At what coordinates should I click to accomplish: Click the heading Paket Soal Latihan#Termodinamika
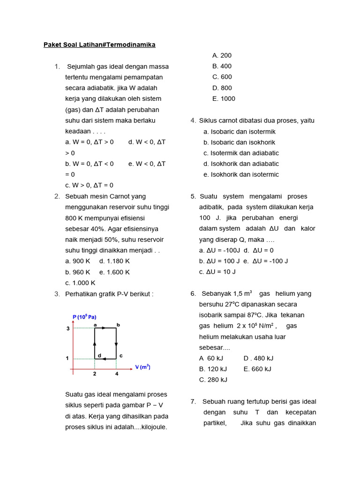[x=99, y=45]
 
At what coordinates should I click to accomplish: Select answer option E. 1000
[x=224, y=99]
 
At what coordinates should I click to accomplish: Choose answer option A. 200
[x=222, y=56]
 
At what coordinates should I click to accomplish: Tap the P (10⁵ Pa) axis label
[x=84, y=317]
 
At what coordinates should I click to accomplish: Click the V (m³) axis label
[x=142, y=367]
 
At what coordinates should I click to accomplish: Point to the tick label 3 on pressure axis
[x=67, y=329]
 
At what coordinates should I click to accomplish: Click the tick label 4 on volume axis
[x=117, y=374]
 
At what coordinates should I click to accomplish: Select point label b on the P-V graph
[x=118, y=324]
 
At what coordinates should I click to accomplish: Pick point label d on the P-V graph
[x=99, y=356]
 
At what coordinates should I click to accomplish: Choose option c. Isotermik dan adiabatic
[x=241, y=153]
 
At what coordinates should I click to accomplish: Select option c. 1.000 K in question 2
[x=80, y=283]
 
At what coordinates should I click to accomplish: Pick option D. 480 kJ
[x=258, y=359]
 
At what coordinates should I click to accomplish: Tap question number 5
[x=193, y=196]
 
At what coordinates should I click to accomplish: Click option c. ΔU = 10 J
[x=217, y=272]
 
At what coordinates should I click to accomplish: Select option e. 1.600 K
[x=114, y=272]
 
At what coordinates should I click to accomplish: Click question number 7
[x=193, y=402]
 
